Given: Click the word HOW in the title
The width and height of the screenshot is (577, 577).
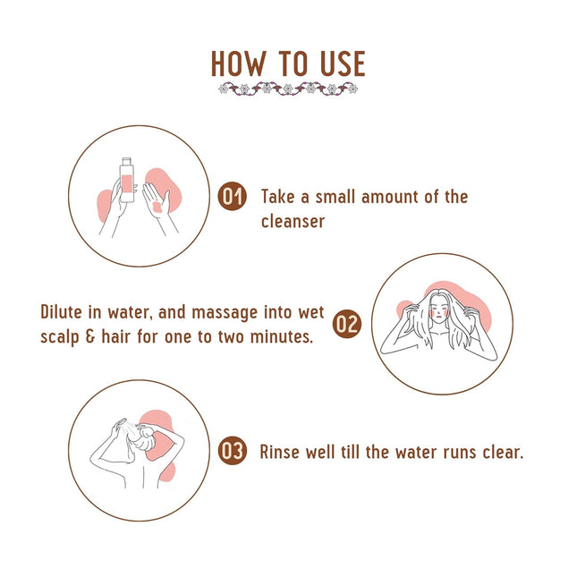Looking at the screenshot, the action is [x=238, y=64].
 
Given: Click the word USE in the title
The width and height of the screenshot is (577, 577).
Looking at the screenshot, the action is [x=343, y=64].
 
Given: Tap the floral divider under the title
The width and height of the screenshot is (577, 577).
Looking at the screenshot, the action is [x=288, y=89].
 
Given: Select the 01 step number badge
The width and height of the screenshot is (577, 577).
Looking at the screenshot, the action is [x=233, y=197].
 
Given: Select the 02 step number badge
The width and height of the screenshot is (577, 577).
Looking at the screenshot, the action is [x=347, y=324].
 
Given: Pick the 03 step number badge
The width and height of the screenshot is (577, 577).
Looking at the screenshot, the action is [x=233, y=451].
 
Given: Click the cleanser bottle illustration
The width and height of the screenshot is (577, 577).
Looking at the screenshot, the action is [x=127, y=181].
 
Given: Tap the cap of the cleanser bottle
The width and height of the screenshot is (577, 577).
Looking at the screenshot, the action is [x=127, y=162].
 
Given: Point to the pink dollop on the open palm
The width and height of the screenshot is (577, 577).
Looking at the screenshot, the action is [x=157, y=207].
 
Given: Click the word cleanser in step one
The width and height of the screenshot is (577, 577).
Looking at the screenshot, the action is [x=293, y=222].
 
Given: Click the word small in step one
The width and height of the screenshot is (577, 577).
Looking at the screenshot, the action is [x=336, y=197].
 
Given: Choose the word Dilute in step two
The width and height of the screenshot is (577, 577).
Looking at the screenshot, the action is [x=61, y=312].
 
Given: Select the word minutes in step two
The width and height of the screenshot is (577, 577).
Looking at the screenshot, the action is [x=281, y=336].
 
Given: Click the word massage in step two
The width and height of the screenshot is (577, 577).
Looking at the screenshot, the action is [x=225, y=313].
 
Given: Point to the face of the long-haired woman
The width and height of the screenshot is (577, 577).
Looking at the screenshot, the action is [x=438, y=311].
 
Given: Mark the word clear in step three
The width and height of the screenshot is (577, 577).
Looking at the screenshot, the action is [x=503, y=452].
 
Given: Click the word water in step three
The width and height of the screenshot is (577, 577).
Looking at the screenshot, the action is [x=417, y=452].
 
